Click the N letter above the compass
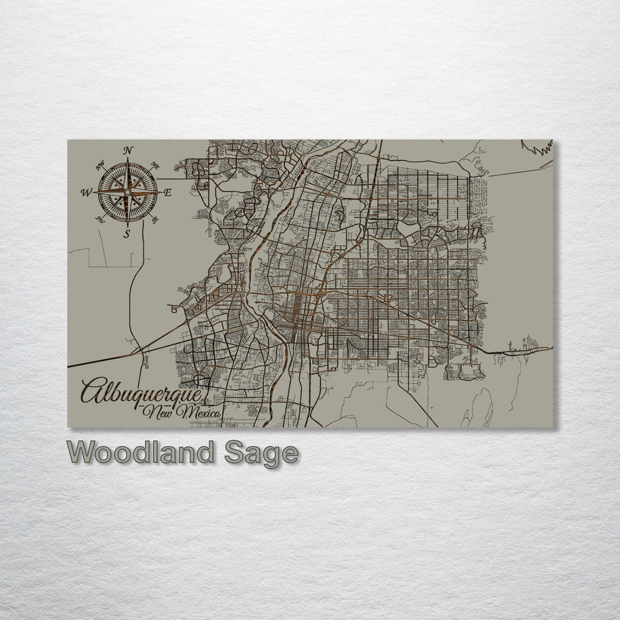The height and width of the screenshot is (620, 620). click(x=128, y=151)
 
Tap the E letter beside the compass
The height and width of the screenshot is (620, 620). click(x=168, y=193)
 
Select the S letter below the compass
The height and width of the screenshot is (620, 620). click(x=127, y=234)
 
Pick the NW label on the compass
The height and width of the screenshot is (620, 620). click(x=100, y=166)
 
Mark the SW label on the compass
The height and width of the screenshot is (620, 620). click(x=100, y=219)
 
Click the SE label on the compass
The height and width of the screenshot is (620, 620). click(x=154, y=219)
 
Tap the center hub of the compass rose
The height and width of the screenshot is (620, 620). click(x=127, y=191)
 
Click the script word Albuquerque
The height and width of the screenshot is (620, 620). click(x=141, y=392)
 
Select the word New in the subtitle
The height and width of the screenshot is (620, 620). click(x=160, y=412)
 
